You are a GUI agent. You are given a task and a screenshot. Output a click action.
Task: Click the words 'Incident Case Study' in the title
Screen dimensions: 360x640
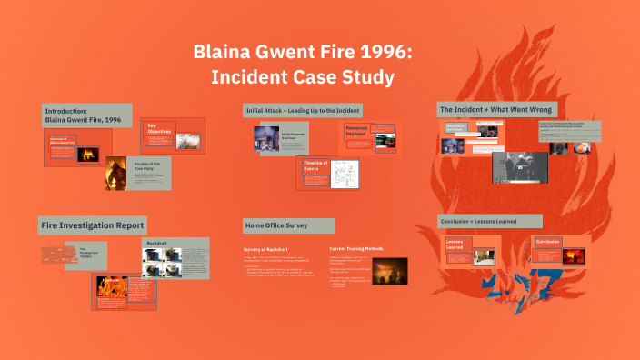[x=303, y=78]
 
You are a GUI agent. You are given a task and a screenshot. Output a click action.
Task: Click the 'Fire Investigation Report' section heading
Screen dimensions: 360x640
[x=92, y=224]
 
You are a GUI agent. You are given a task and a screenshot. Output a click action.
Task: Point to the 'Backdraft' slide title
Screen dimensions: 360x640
[x=157, y=245]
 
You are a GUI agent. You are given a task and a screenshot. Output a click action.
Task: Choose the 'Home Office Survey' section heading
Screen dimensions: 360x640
[x=275, y=225]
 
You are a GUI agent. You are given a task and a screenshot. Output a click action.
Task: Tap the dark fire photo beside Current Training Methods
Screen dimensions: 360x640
[x=390, y=271]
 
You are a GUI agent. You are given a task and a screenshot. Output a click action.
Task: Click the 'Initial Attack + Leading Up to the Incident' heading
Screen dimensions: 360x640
[x=303, y=110]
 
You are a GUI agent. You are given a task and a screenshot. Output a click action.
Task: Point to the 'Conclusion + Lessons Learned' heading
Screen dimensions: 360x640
[x=491, y=221]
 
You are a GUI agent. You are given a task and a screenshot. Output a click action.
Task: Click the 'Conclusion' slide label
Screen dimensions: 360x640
[x=547, y=242]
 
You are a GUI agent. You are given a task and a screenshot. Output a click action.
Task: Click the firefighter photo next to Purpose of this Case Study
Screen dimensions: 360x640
[x=115, y=173]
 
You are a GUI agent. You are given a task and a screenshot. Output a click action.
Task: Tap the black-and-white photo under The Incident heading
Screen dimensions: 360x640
[x=520, y=167]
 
